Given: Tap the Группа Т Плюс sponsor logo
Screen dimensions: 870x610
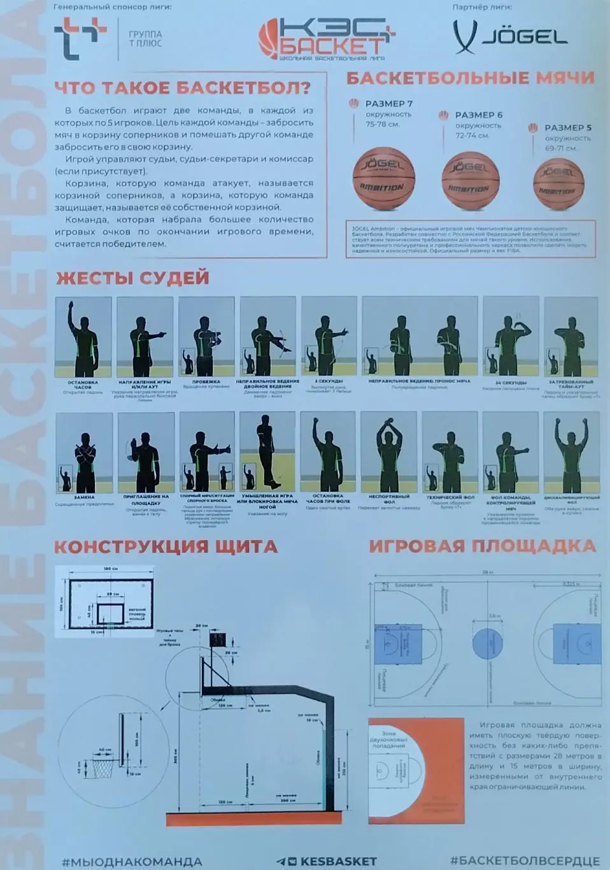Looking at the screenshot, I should (108, 39).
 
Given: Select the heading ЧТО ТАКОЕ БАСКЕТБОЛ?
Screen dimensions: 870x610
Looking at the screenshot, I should (182, 87).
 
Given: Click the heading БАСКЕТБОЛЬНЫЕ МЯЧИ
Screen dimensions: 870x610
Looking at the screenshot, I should (470, 78).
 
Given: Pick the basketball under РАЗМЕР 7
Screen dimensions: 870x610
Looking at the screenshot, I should (383, 178).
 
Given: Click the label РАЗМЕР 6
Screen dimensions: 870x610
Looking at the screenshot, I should (478, 115).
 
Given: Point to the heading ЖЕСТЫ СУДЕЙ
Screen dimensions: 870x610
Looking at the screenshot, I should (132, 278).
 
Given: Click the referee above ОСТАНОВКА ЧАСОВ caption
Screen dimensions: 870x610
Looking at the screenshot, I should (83, 338).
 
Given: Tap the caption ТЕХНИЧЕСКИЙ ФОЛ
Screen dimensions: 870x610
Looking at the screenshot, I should (450, 497).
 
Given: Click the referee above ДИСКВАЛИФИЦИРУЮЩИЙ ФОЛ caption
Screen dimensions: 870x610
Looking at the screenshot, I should (571, 452).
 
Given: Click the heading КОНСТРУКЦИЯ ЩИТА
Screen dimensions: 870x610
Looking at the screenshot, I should (165, 546).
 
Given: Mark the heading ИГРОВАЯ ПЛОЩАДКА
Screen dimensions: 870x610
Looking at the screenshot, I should (482, 546).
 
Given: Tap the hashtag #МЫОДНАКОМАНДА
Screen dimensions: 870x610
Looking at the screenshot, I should (132, 861).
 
